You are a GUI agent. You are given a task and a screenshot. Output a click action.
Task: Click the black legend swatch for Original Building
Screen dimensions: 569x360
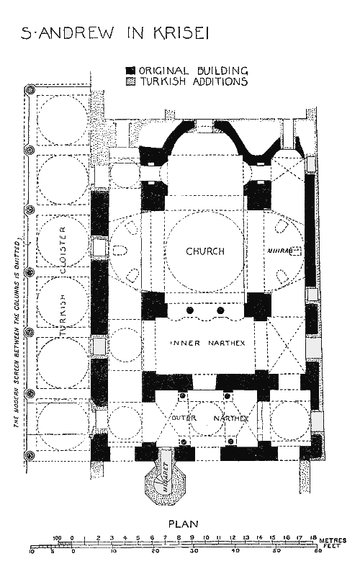point(130,71)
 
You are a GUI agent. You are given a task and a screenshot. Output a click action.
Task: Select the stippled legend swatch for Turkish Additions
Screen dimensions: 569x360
point(130,82)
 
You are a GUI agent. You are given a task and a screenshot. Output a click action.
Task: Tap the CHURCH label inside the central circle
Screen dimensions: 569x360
point(205,251)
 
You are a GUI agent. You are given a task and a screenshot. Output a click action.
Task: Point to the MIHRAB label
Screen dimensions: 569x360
point(279,251)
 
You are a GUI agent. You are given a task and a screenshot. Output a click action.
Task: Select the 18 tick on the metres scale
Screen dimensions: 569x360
point(313,537)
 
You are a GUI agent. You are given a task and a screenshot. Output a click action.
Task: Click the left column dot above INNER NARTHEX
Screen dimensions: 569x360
point(191,310)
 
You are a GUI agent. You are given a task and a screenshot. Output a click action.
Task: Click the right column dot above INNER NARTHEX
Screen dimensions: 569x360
point(220,310)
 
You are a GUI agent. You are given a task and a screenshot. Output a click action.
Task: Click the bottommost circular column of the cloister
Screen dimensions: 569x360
point(30,457)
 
